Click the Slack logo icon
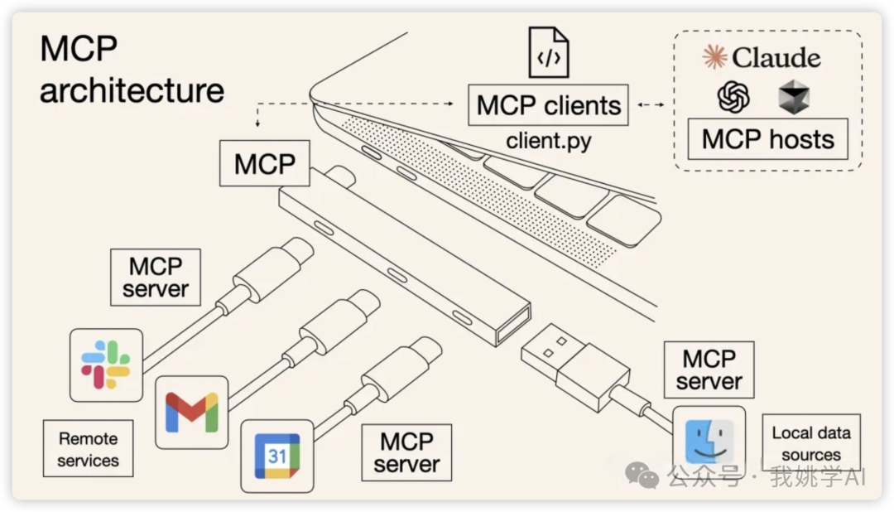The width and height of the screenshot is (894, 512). [x=106, y=365]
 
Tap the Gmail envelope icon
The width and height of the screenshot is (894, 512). [x=191, y=412]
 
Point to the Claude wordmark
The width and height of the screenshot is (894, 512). [x=762, y=58]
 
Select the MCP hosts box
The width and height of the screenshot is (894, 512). [x=767, y=139]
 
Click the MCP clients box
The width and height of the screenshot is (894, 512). [x=548, y=105]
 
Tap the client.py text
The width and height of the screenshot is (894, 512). [x=549, y=141]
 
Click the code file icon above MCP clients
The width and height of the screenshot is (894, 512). [x=549, y=53]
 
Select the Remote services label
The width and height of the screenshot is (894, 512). [x=88, y=449]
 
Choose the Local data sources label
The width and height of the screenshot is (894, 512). [x=810, y=443]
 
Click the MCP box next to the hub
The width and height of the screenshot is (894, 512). [x=265, y=163]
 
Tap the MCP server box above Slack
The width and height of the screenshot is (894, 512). [x=156, y=278]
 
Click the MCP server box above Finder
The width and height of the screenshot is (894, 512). [x=709, y=370]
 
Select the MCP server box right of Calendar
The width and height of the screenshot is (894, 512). [x=406, y=452]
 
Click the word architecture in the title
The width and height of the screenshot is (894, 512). [x=132, y=90]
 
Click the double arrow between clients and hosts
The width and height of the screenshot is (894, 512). [x=652, y=105]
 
